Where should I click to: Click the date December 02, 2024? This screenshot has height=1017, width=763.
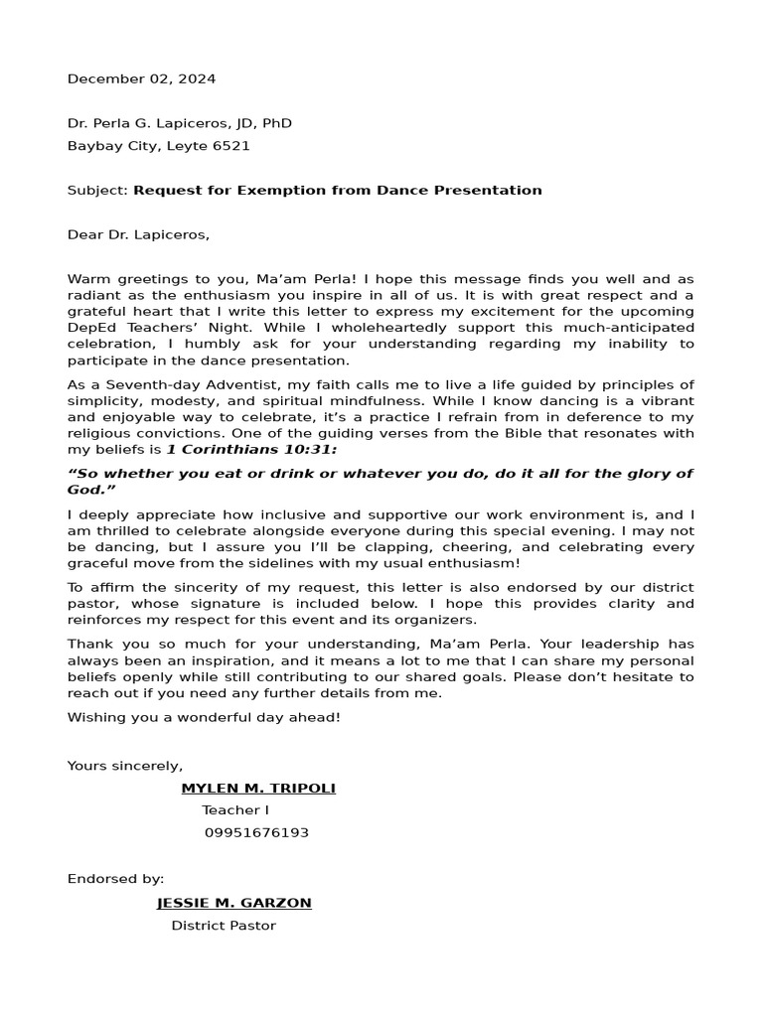[x=141, y=78]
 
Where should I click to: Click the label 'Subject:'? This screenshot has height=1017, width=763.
[x=97, y=190]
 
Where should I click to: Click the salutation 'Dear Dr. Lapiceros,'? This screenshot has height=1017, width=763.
[x=139, y=235]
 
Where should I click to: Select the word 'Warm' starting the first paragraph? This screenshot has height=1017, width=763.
[x=85, y=280]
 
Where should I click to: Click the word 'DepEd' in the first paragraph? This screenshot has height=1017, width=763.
[x=88, y=328]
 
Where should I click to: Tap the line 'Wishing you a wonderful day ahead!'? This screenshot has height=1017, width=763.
[x=204, y=716]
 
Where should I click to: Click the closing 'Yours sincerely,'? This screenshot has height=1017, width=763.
[x=125, y=765]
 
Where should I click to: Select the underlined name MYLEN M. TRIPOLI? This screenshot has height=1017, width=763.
[x=258, y=788]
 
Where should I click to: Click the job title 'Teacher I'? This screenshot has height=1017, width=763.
[x=235, y=810]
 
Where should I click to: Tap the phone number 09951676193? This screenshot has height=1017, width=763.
[x=256, y=832]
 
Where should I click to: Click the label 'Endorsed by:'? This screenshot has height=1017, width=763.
[x=115, y=879]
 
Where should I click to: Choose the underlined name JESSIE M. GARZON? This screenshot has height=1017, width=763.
[x=234, y=903]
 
